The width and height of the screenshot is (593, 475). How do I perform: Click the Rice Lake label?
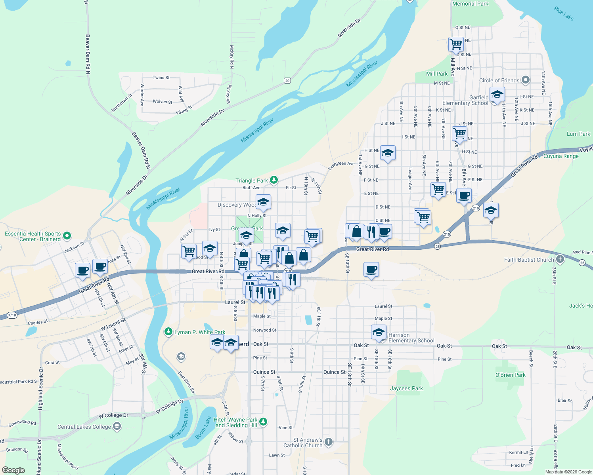pyautogui.click(x=564, y=13)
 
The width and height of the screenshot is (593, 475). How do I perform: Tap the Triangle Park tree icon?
pyautogui.click(x=274, y=180)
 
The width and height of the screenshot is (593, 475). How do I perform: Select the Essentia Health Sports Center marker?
pyautogui.click(x=67, y=236)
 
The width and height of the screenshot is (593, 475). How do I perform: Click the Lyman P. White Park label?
pyautogui.click(x=200, y=332)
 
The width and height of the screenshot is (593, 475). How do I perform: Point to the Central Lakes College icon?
pyautogui.click(x=117, y=426)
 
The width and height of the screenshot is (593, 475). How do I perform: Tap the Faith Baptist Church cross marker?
pyautogui.click(x=560, y=259)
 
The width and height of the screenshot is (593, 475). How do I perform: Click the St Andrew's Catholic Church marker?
pyautogui.click(x=328, y=442)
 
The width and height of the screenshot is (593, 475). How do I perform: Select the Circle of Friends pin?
pyautogui.click(x=525, y=80)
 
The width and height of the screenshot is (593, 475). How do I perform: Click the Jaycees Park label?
pyautogui.click(x=406, y=388)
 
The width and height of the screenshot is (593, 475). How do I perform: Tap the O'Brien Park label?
pyautogui.click(x=510, y=375)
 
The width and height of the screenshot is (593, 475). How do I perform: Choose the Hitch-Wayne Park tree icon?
pyautogui.click(x=263, y=422)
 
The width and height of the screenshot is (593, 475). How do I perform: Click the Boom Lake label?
pyautogui.click(x=203, y=427)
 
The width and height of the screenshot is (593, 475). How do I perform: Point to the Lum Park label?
pyautogui.click(x=578, y=134)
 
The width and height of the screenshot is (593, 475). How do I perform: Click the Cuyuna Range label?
pyautogui.click(x=561, y=156)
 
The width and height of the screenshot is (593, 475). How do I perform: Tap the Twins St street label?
pyautogui.click(x=161, y=78)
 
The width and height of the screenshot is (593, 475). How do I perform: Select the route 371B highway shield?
pyautogui.click(x=12, y=315)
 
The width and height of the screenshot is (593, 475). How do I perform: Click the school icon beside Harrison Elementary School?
pyautogui.click(x=379, y=332)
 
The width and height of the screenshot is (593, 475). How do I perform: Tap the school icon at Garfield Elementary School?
pyautogui.click(x=497, y=95)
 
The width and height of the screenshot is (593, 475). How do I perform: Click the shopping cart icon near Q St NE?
pyautogui.click(x=456, y=44)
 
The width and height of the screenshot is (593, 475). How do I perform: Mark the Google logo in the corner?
pyautogui.click(x=13, y=470)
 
